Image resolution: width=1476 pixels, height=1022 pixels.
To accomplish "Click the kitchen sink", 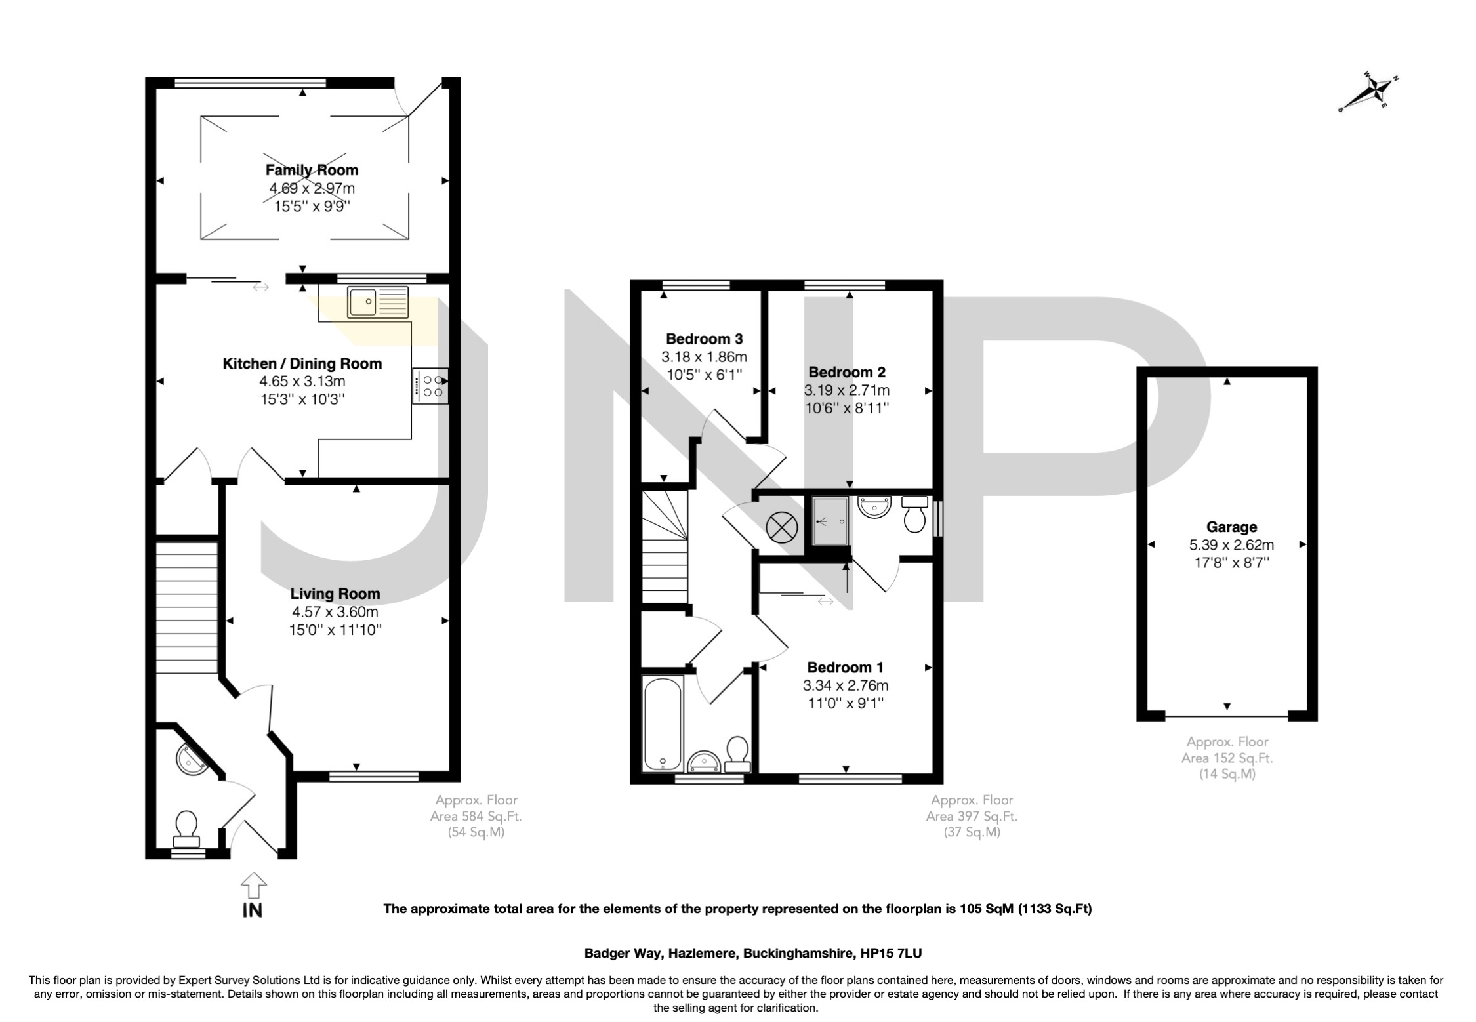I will click(378, 303).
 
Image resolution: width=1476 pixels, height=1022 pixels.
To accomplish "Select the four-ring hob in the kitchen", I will click(431, 386).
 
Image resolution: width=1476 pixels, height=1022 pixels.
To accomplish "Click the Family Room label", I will click(312, 171).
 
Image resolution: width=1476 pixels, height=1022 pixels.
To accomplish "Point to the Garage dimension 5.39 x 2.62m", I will click(1231, 544).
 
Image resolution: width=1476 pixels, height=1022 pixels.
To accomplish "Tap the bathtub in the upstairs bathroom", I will click(663, 724).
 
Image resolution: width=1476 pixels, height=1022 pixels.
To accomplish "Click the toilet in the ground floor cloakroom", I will click(186, 828).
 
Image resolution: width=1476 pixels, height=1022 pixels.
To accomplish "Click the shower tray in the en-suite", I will click(830, 521).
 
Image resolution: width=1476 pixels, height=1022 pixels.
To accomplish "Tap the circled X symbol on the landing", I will click(781, 527).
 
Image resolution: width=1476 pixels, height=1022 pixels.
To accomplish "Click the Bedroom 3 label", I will click(704, 339).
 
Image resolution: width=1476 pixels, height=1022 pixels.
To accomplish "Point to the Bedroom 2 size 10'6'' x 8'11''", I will click(847, 408).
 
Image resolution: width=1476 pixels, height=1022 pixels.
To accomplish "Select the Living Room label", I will click(335, 594).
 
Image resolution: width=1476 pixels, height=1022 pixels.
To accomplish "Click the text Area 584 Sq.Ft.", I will click(476, 817).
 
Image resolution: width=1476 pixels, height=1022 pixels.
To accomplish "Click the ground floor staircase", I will click(187, 607).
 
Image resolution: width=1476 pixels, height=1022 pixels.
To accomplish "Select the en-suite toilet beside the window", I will click(914, 515).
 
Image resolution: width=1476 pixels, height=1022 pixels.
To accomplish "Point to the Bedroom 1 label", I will click(845, 668).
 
